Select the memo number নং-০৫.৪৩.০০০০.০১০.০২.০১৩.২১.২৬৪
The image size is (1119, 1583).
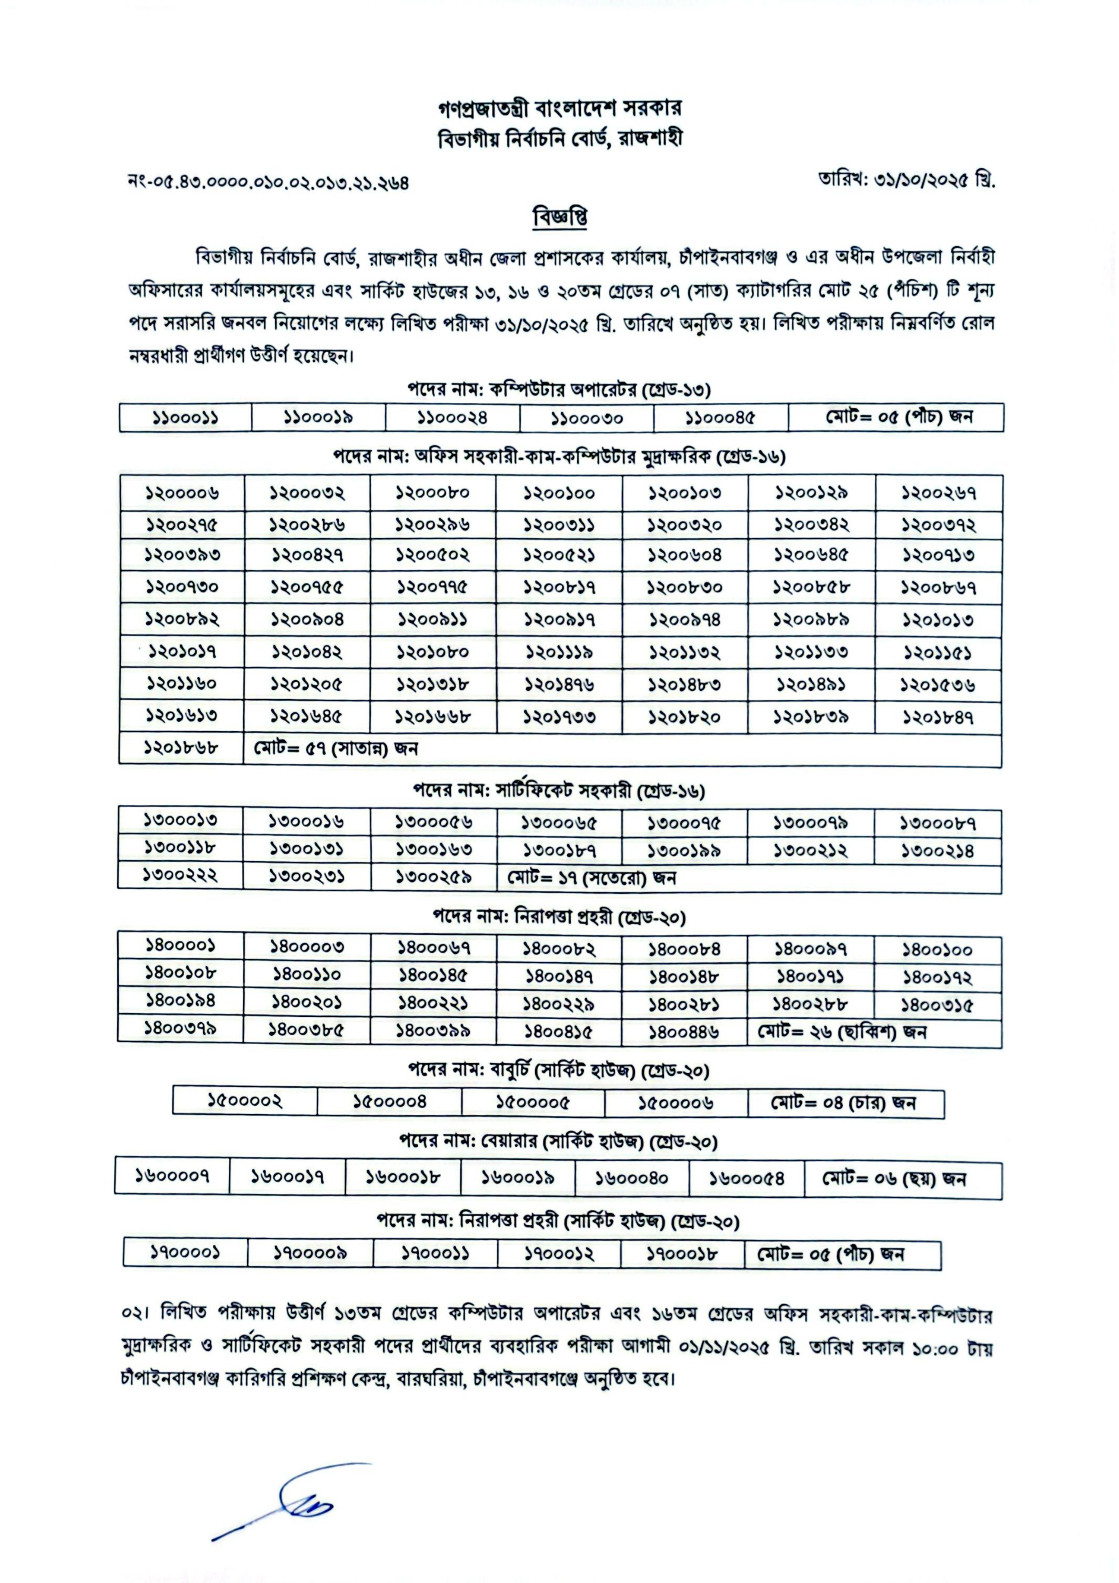point(268,183)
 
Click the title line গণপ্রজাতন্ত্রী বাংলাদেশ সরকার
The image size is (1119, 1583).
point(559,108)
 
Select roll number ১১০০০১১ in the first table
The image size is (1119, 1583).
point(185,418)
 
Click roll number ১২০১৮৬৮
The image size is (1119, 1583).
point(181,748)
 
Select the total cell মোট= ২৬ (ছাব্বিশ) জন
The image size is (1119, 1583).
point(842,1032)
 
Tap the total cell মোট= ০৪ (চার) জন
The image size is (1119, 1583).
point(843,1103)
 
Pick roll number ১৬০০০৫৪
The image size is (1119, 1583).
point(747,1178)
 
